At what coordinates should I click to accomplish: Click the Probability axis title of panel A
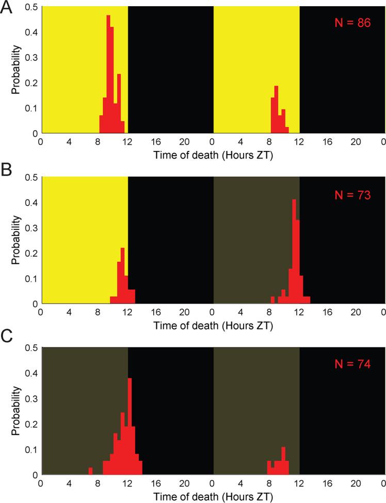[x=16, y=70]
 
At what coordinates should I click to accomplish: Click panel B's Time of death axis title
[x=212, y=326]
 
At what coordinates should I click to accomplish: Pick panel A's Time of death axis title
[x=212, y=155]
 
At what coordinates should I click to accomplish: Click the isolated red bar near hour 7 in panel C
[x=90, y=471]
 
